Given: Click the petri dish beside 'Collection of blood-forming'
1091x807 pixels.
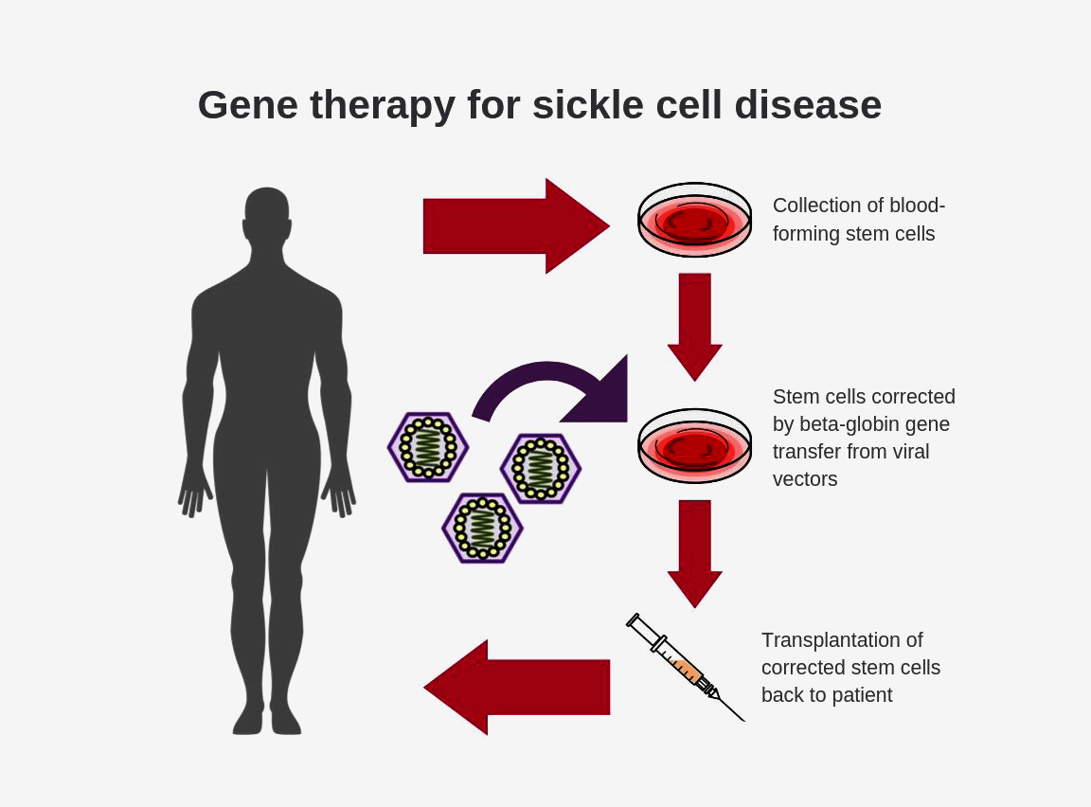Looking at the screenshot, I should point(694,220).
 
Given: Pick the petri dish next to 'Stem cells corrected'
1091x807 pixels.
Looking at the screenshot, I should point(694,445).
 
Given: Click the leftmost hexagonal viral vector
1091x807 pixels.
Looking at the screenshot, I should point(428,447).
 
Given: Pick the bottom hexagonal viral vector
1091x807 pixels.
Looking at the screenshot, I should point(482,529).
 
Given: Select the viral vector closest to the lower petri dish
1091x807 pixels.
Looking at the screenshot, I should point(540,468).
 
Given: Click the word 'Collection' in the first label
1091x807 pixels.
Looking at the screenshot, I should point(817,206).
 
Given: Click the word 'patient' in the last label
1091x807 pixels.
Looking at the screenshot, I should point(862,695).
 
